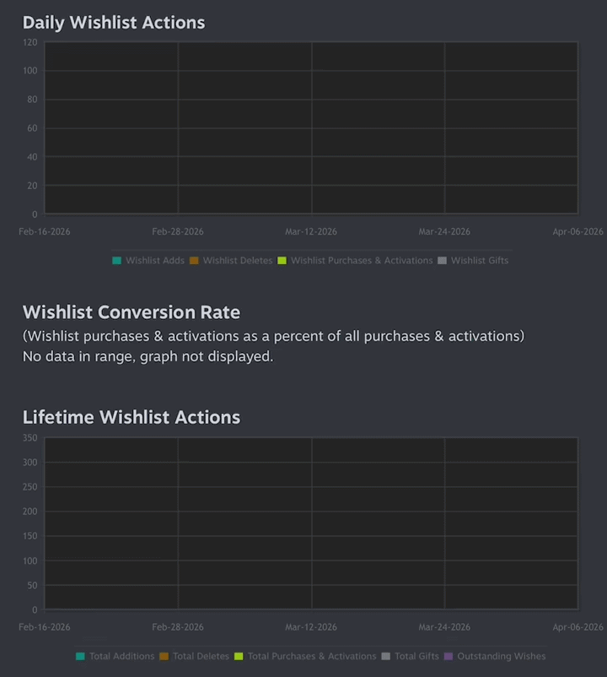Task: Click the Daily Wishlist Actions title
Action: [114, 23]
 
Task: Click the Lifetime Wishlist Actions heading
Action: [132, 417]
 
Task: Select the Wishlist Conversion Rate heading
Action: [132, 312]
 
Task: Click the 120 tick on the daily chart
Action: [30, 42]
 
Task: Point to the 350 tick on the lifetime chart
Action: [30, 438]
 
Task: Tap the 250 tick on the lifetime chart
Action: [30, 487]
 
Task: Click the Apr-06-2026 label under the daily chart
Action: [578, 232]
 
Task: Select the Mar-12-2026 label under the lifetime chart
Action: [311, 627]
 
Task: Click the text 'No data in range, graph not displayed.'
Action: [148, 356]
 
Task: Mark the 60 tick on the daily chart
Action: [32, 128]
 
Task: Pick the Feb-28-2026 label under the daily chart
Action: [178, 232]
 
